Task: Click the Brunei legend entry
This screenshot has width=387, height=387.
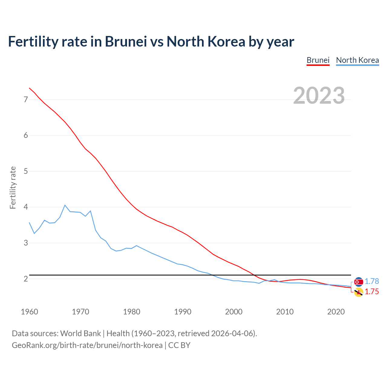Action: (318, 60)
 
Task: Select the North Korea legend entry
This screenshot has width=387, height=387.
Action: (357, 60)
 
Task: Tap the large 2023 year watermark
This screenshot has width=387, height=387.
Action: (319, 96)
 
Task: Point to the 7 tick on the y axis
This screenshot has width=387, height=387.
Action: (26, 99)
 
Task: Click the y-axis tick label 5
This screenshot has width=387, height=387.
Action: (26, 171)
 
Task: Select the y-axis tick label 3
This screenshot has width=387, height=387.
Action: (26, 243)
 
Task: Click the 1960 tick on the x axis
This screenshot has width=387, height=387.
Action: (29, 311)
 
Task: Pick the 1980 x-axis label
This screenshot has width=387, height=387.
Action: (132, 311)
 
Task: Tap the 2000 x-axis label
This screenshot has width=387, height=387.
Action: (234, 311)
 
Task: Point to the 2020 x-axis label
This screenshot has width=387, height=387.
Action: (336, 311)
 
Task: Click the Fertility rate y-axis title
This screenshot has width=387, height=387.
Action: (13, 187)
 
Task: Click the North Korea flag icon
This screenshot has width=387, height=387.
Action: (359, 282)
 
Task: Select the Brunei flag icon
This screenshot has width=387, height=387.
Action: (359, 292)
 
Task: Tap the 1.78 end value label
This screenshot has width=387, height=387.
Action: (372, 281)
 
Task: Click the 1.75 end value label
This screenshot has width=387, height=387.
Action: (372, 291)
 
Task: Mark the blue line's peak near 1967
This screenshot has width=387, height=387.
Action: (65, 205)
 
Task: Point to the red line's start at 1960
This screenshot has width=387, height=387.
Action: (29, 88)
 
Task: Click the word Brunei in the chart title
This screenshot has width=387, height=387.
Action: (126, 41)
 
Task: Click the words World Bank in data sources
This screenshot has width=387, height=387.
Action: (80, 333)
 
